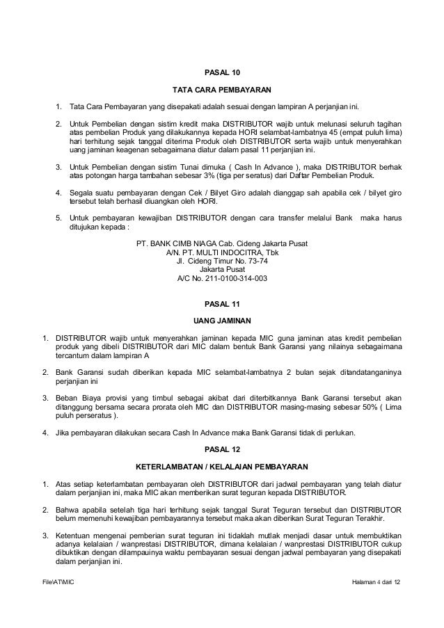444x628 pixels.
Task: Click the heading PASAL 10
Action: tap(222, 72)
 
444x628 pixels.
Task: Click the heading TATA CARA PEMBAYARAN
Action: tap(222, 90)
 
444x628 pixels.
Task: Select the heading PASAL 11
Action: tap(222, 303)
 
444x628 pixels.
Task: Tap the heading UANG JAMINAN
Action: tap(222, 321)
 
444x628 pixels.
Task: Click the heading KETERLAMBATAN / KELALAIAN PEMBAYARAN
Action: tap(222, 466)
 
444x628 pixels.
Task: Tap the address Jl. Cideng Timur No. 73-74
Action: tap(222, 261)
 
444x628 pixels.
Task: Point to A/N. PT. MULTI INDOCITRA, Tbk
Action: tap(222, 252)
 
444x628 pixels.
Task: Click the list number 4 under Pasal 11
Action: tap(45, 433)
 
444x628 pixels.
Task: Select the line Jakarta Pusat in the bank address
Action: tap(222, 270)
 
